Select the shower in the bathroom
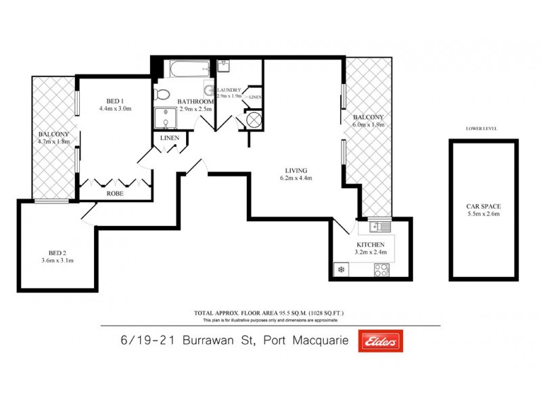coord(163,118)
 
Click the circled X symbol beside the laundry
coord(253,120)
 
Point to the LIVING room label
coord(296,170)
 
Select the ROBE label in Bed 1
coord(114,193)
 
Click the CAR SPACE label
coord(483,206)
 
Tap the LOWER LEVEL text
coord(482,128)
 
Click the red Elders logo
coord(381,341)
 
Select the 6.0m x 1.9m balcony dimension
coord(368,125)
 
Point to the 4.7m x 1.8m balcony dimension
coord(53,141)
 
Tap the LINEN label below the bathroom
coord(168,138)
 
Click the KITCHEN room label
coord(371,245)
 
